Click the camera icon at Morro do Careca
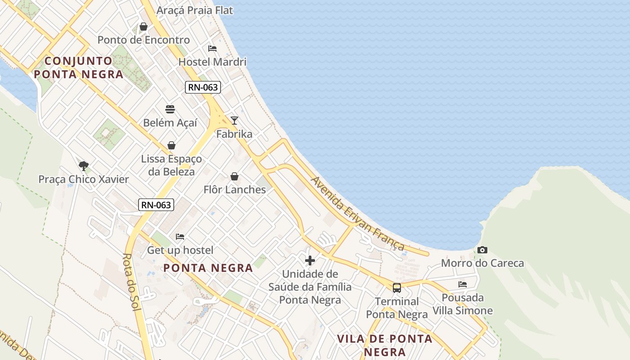click(482, 250)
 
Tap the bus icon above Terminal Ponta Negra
click(396, 288)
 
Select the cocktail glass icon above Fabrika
click(234, 120)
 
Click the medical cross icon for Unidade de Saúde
click(310, 260)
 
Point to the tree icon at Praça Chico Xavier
click(83, 166)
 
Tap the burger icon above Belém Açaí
click(170, 109)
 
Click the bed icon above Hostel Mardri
click(212, 49)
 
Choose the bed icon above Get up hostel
click(180, 237)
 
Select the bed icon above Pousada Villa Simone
click(463, 284)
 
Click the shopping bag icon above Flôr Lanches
click(234, 176)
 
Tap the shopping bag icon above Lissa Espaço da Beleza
click(171, 145)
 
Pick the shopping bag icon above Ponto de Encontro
click(144, 27)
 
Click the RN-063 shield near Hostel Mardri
click(203, 87)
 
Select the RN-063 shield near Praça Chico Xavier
click(156, 205)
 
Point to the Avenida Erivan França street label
click(358, 214)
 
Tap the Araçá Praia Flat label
click(194, 10)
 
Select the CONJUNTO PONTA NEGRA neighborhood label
click(78, 67)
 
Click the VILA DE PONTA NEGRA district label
click(385, 345)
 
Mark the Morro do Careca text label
click(482, 263)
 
